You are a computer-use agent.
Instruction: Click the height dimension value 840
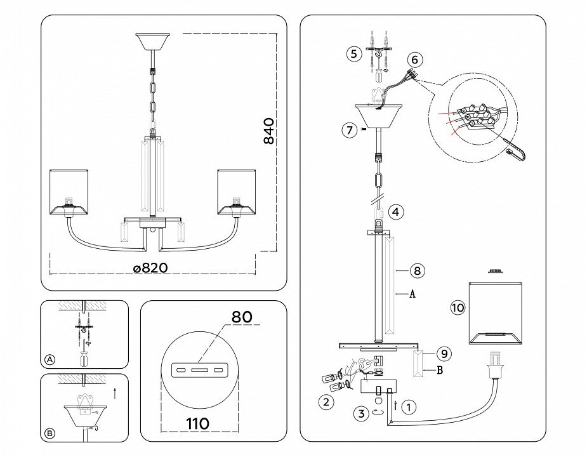269,131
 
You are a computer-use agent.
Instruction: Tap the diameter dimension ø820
150,268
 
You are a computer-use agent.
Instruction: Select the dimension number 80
242,316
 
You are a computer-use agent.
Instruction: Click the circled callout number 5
353,54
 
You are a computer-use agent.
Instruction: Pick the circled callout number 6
414,60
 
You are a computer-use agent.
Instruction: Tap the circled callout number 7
349,131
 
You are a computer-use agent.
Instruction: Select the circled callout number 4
395,211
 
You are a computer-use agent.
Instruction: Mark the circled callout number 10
458,308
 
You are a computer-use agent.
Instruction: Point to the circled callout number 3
361,414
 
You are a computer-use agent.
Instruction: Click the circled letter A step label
50,359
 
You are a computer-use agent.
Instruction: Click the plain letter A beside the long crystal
412,295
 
